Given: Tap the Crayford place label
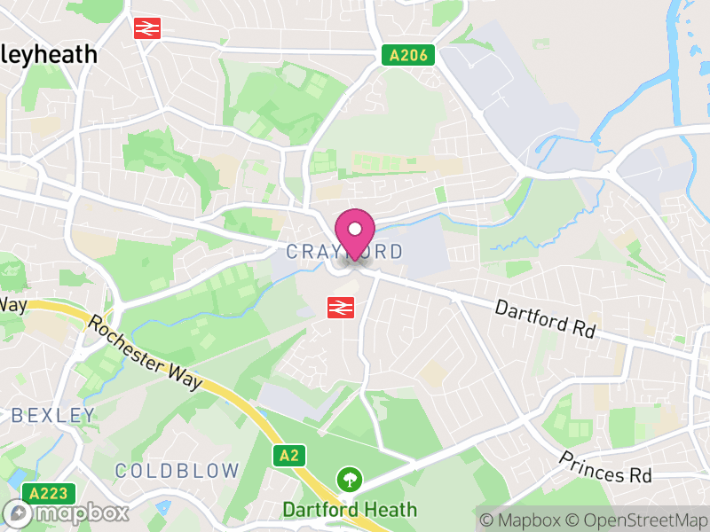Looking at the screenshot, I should coord(344,252).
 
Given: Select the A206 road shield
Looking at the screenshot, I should coord(410,56).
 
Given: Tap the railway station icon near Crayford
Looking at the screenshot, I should coord(339,307).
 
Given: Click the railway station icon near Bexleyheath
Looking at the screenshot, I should coord(146,28).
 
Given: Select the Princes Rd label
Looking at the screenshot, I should coord(604,466).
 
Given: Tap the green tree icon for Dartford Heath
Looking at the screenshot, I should coord(350,481).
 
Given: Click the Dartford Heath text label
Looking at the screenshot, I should coord(350,510).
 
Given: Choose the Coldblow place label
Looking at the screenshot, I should coord(177,470).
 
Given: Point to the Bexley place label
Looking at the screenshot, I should coord(53,415).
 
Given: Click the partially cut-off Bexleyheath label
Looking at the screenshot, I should coord(49,54).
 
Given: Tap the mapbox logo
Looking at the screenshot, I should coord(67,513).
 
